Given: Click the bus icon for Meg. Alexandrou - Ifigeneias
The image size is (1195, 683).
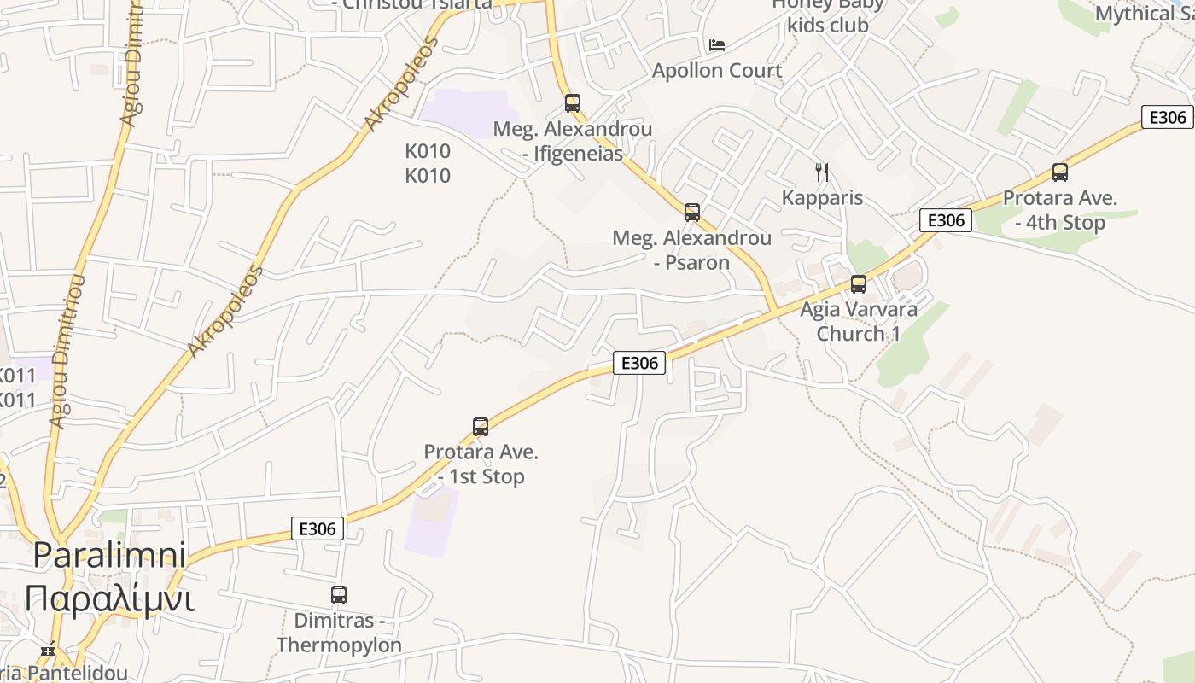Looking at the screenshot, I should (573, 103).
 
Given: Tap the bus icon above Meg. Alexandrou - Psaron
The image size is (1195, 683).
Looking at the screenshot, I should (692, 212).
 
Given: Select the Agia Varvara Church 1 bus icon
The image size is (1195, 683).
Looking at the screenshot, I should (859, 284).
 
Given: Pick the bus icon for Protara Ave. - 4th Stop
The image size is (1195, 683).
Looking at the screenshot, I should (1060, 172).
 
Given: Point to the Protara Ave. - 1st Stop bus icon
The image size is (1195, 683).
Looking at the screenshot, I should (481, 427).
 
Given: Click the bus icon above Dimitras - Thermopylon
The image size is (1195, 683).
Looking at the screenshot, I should (339, 595).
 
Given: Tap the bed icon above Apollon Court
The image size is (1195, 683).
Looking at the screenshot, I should (717, 44).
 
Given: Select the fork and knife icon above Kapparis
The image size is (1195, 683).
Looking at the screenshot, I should (822, 172).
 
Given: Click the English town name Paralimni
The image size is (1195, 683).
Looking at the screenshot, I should (109, 556).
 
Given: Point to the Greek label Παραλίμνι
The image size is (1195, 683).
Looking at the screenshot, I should (109, 598).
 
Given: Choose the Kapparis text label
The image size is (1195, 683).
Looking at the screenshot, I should (823, 198).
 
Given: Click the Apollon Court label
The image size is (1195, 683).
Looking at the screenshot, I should (717, 70).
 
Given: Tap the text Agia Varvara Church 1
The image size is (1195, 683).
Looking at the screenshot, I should (859, 321).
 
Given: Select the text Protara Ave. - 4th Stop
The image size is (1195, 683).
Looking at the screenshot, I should (1060, 210).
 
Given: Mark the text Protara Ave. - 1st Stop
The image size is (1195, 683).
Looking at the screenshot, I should (481, 464).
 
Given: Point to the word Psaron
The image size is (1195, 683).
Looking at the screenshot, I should (697, 262).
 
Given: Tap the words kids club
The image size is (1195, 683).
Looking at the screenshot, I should (828, 26).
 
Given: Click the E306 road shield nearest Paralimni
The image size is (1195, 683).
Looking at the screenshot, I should (318, 528).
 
